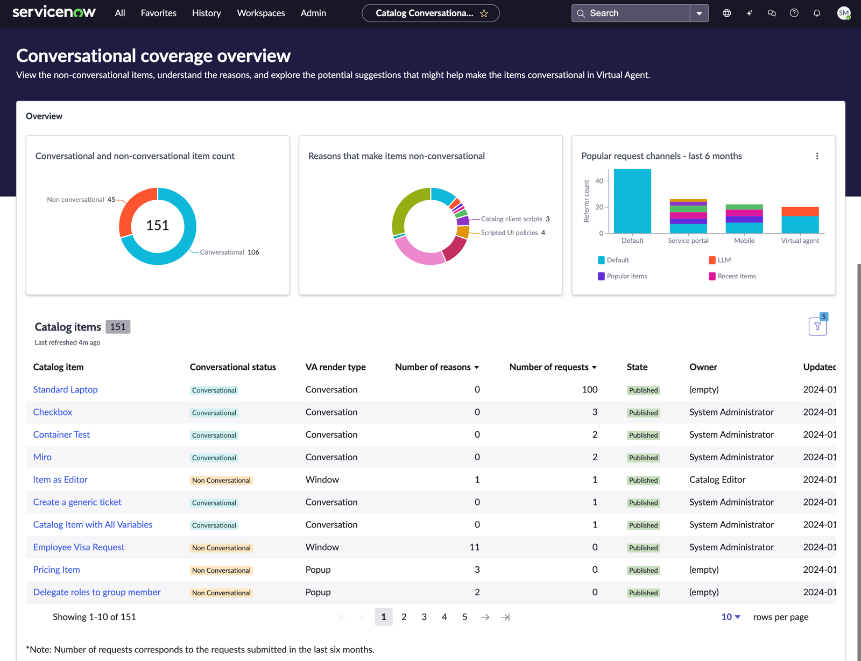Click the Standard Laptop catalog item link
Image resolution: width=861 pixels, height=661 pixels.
pos(65,390)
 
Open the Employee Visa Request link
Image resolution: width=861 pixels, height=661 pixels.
pos(79,547)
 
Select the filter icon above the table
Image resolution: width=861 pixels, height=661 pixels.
pos(817,327)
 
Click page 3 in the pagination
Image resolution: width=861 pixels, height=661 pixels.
pos(424,617)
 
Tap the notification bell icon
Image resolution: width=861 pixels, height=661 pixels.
pos(817,13)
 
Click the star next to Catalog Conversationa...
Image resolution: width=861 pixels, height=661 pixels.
pos(484,13)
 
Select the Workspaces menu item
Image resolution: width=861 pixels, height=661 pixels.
pos(260,13)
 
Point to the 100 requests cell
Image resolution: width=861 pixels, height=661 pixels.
pos(590,390)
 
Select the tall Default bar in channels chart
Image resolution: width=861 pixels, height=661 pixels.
pos(632,201)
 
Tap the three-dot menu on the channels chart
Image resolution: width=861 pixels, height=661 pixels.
pos(817,156)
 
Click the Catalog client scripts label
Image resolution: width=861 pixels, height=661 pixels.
pos(512,219)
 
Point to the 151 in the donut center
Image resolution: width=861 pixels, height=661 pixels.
pos(158,225)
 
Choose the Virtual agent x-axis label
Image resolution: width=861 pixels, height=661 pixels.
pos(800,241)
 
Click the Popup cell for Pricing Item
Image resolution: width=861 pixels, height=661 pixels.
pos(318,570)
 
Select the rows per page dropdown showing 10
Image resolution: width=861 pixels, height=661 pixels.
pos(731,617)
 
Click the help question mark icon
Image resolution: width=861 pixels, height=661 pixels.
pos(794,13)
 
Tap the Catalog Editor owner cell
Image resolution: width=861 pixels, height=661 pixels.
pos(717,480)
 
